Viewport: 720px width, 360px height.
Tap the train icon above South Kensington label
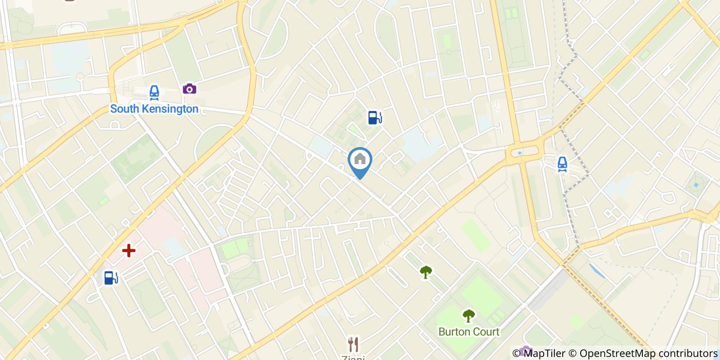154,93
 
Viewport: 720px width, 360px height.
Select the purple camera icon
189,89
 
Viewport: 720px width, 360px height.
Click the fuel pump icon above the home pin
375,118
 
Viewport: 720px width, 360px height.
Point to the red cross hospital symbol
129,250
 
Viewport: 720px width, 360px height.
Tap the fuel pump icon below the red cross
111,278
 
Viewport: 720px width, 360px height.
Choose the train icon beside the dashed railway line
562,164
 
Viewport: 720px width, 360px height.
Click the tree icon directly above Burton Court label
468,315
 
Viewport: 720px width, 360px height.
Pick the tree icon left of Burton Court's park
425,272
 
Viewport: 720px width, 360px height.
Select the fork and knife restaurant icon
353,344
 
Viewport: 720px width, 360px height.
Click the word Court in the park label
487,332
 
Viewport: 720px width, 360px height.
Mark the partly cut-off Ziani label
353,357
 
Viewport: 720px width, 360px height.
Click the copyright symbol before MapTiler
516,353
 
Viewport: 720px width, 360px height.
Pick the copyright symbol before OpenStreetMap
572,353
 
